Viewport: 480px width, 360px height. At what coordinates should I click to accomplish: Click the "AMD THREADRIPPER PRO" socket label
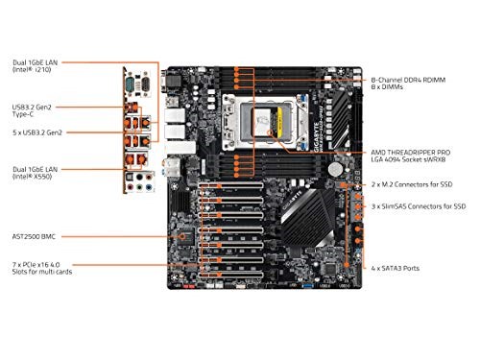(420, 152)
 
